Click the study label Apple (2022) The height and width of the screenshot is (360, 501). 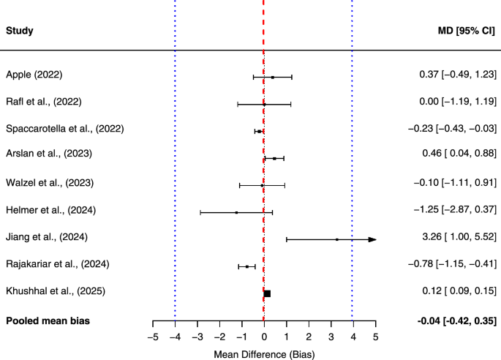coord(34,75)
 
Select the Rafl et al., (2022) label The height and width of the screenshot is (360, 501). coord(43,102)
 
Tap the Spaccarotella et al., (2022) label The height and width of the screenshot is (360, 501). coord(64,129)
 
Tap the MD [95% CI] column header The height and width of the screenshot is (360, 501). coord(465,31)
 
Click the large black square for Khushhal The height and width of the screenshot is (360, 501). coord(267,293)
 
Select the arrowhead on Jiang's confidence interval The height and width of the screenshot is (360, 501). coord(372,239)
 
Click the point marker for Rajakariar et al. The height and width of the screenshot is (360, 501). coord(247,266)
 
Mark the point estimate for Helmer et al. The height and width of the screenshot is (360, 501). coord(236,212)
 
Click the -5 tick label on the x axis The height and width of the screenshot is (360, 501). coord(152,337)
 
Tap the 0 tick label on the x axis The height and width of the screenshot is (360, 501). coord(264,337)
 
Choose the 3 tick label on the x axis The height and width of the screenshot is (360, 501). coord(331,337)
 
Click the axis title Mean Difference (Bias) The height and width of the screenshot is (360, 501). coord(264,353)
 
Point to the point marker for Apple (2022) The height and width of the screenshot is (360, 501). coord(272,77)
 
